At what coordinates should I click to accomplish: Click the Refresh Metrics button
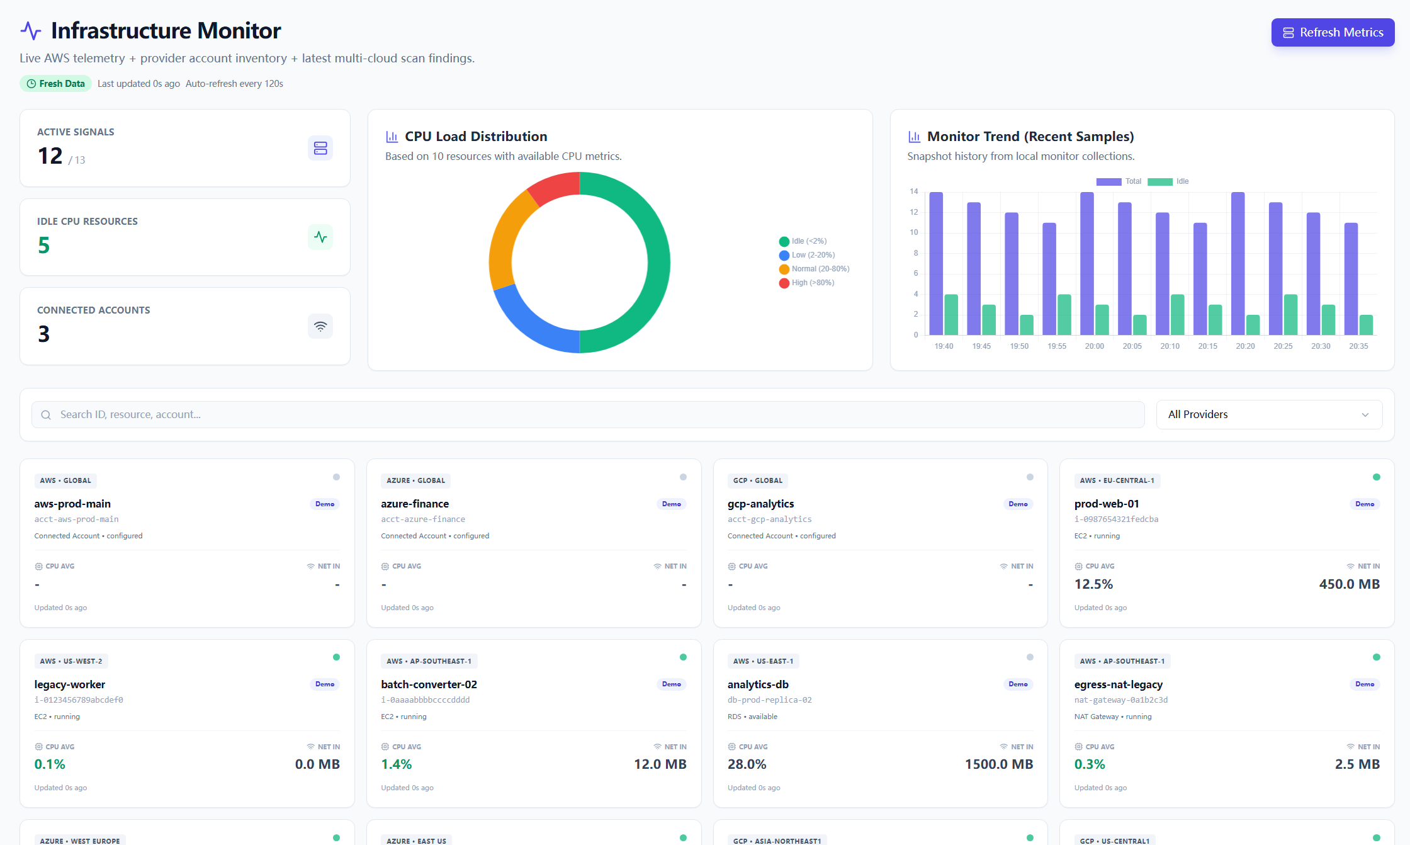tap(1332, 33)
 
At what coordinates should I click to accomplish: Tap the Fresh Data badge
tap(55, 84)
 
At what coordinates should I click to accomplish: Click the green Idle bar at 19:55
tap(1064, 315)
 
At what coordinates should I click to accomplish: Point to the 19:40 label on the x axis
tap(944, 346)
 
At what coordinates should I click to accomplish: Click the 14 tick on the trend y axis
tap(913, 191)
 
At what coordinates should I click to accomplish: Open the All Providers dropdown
tap(1268, 414)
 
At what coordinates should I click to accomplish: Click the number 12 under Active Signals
tap(50, 156)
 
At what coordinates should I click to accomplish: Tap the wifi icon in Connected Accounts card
tap(320, 326)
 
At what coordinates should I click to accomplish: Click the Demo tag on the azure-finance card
tap(671, 504)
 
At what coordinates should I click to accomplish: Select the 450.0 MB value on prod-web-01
tap(1349, 584)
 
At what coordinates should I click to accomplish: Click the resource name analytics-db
tap(758, 684)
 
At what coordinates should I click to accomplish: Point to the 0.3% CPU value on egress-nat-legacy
tap(1089, 764)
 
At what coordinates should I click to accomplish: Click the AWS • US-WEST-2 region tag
tap(70, 661)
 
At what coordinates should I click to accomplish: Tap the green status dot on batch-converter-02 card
tap(683, 657)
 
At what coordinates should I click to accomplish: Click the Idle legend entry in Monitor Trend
tap(1175, 181)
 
